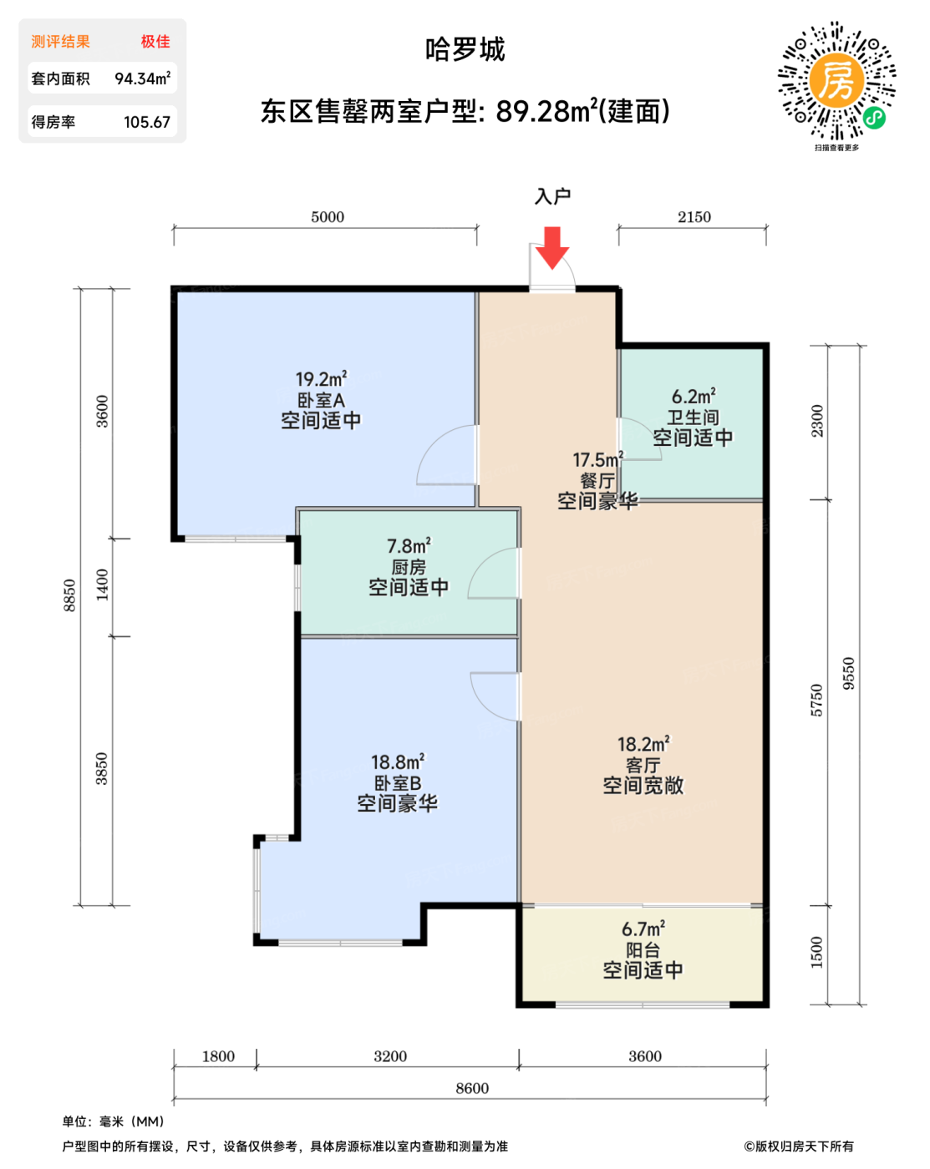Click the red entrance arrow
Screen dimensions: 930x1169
point(551,248)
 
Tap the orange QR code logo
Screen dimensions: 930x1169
point(836,80)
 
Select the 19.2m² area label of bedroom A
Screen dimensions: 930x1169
point(321,378)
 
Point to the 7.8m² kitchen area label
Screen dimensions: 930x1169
point(409,545)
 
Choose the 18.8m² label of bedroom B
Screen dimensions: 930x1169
point(398,762)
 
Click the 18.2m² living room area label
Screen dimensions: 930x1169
point(643,744)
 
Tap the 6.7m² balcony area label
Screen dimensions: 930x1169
point(643,929)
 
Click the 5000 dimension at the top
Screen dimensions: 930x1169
point(328,217)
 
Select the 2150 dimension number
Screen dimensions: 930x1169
point(694,217)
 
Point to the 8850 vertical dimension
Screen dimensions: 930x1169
point(69,596)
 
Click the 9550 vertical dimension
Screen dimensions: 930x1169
point(848,674)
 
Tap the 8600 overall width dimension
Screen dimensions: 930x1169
point(472,1088)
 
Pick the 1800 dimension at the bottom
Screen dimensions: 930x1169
point(218,1056)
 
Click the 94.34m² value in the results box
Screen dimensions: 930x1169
point(142,78)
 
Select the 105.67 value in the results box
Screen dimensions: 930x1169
point(147,122)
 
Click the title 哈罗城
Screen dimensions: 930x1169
point(465,49)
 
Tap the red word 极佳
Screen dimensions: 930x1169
point(155,41)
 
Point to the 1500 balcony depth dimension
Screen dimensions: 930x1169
point(817,952)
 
